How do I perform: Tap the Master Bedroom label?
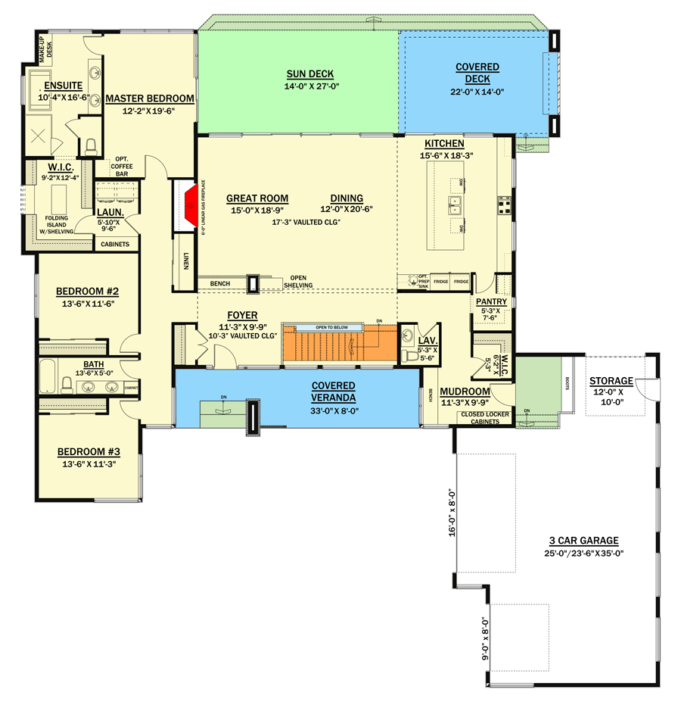tap(150, 98)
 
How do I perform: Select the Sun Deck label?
tap(310, 74)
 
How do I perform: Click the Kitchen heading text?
tap(444, 144)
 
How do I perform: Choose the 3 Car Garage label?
tap(583, 541)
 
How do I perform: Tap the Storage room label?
tap(611, 380)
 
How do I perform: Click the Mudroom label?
tap(465, 392)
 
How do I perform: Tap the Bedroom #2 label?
tap(88, 292)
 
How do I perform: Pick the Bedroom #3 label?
tap(89, 452)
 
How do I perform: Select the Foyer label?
tap(242, 315)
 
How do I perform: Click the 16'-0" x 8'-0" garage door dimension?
tap(451, 512)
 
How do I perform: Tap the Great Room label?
tap(257, 198)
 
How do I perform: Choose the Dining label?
tap(347, 198)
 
